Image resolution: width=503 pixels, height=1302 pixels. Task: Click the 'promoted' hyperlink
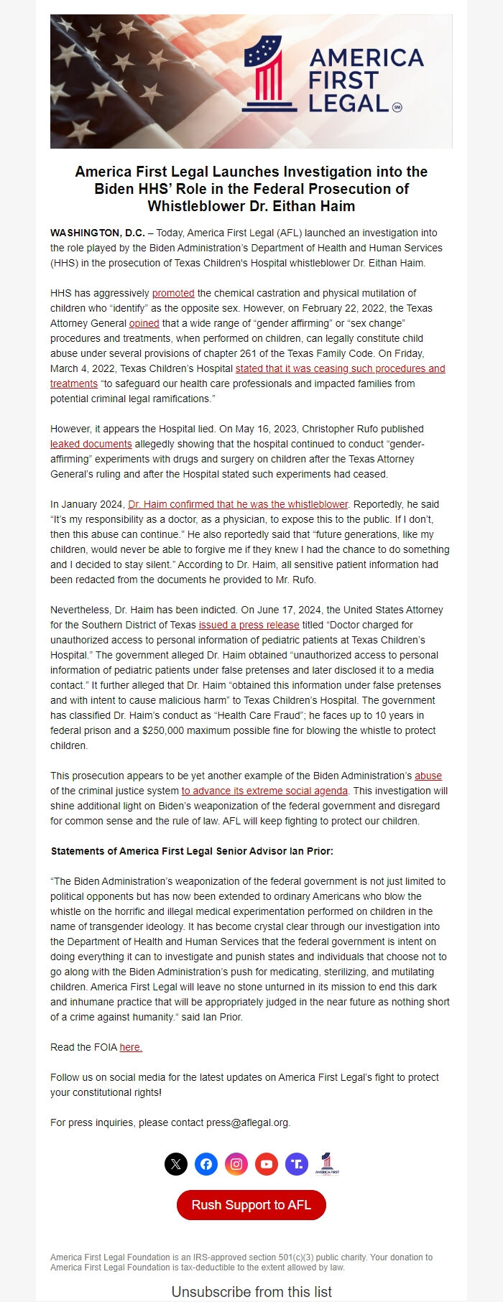(x=173, y=293)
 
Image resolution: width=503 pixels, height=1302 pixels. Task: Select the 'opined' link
(x=144, y=323)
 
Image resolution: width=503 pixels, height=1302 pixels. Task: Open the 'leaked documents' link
(x=91, y=444)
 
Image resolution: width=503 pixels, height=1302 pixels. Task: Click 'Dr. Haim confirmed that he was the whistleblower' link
(x=238, y=504)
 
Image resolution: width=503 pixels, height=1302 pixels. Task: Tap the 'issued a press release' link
(x=249, y=625)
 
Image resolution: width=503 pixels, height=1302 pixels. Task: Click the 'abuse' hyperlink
(x=428, y=776)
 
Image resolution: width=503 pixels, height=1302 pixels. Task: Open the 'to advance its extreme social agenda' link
(x=264, y=791)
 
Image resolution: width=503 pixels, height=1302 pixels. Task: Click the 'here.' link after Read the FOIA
(x=131, y=1047)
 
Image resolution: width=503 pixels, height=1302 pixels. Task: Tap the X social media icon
(x=176, y=1164)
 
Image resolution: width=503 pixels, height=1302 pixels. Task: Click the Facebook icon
(x=206, y=1164)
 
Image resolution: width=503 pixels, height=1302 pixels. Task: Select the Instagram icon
(x=236, y=1164)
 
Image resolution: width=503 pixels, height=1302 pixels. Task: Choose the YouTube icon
(x=267, y=1164)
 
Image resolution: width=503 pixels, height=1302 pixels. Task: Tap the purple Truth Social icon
(x=297, y=1164)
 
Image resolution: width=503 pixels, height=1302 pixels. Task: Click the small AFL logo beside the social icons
(x=327, y=1163)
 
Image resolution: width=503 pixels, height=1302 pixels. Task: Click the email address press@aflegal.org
(x=247, y=1122)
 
